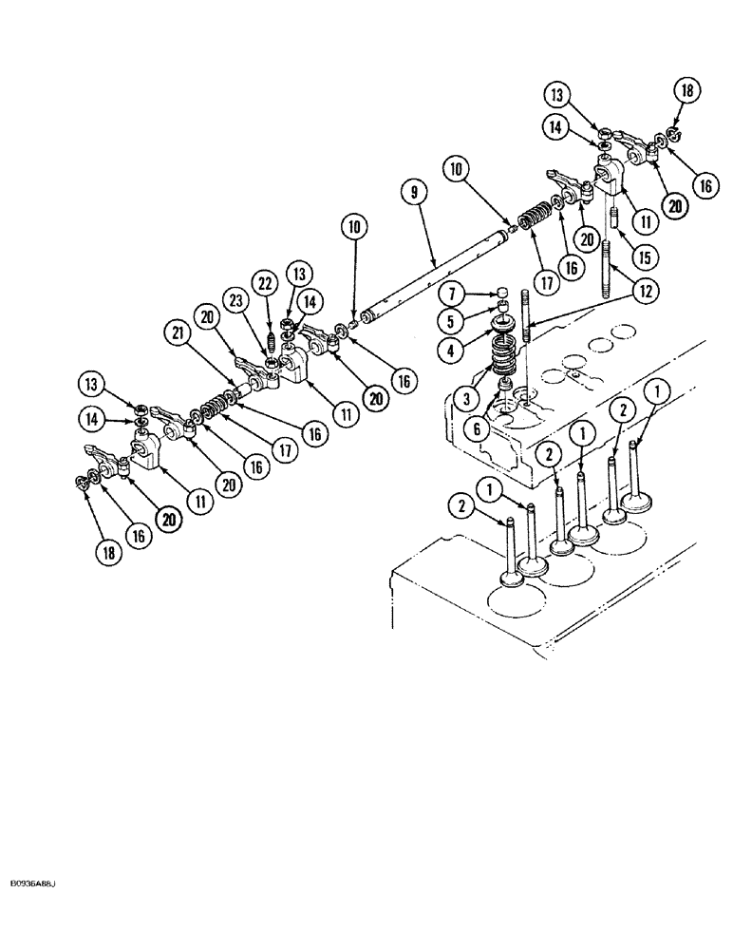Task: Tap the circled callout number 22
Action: (x=263, y=283)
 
